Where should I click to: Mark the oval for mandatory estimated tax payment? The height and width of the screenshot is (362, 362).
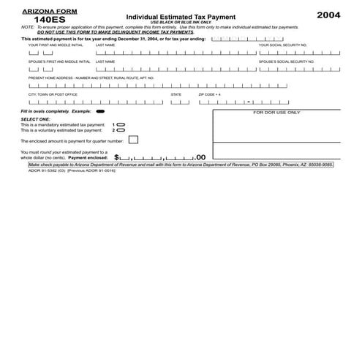pyautogui.click(x=121, y=125)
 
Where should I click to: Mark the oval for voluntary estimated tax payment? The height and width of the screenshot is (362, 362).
pyautogui.click(x=121, y=130)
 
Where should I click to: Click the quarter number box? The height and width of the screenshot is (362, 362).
pyautogui.click(x=133, y=140)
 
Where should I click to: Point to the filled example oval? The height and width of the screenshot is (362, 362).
pyautogui.click(x=100, y=112)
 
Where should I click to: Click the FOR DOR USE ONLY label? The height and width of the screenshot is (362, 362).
pyautogui.click(x=276, y=113)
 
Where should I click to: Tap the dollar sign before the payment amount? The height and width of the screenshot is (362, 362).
pyautogui.click(x=117, y=157)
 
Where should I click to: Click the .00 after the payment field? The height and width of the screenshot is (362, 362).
pyautogui.click(x=201, y=157)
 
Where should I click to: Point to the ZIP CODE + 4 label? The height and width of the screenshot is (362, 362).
pyautogui.click(x=210, y=94)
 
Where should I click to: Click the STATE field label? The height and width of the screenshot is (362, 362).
pyautogui.click(x=176, y=94)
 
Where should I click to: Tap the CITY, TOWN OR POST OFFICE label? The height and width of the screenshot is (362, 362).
pyautogui.click(x=53, y=94)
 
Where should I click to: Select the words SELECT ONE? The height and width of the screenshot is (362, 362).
pyautogui.click(x=35, y=119)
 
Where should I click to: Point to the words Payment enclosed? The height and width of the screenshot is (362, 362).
pyautogui.click(x=88, y=157)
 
